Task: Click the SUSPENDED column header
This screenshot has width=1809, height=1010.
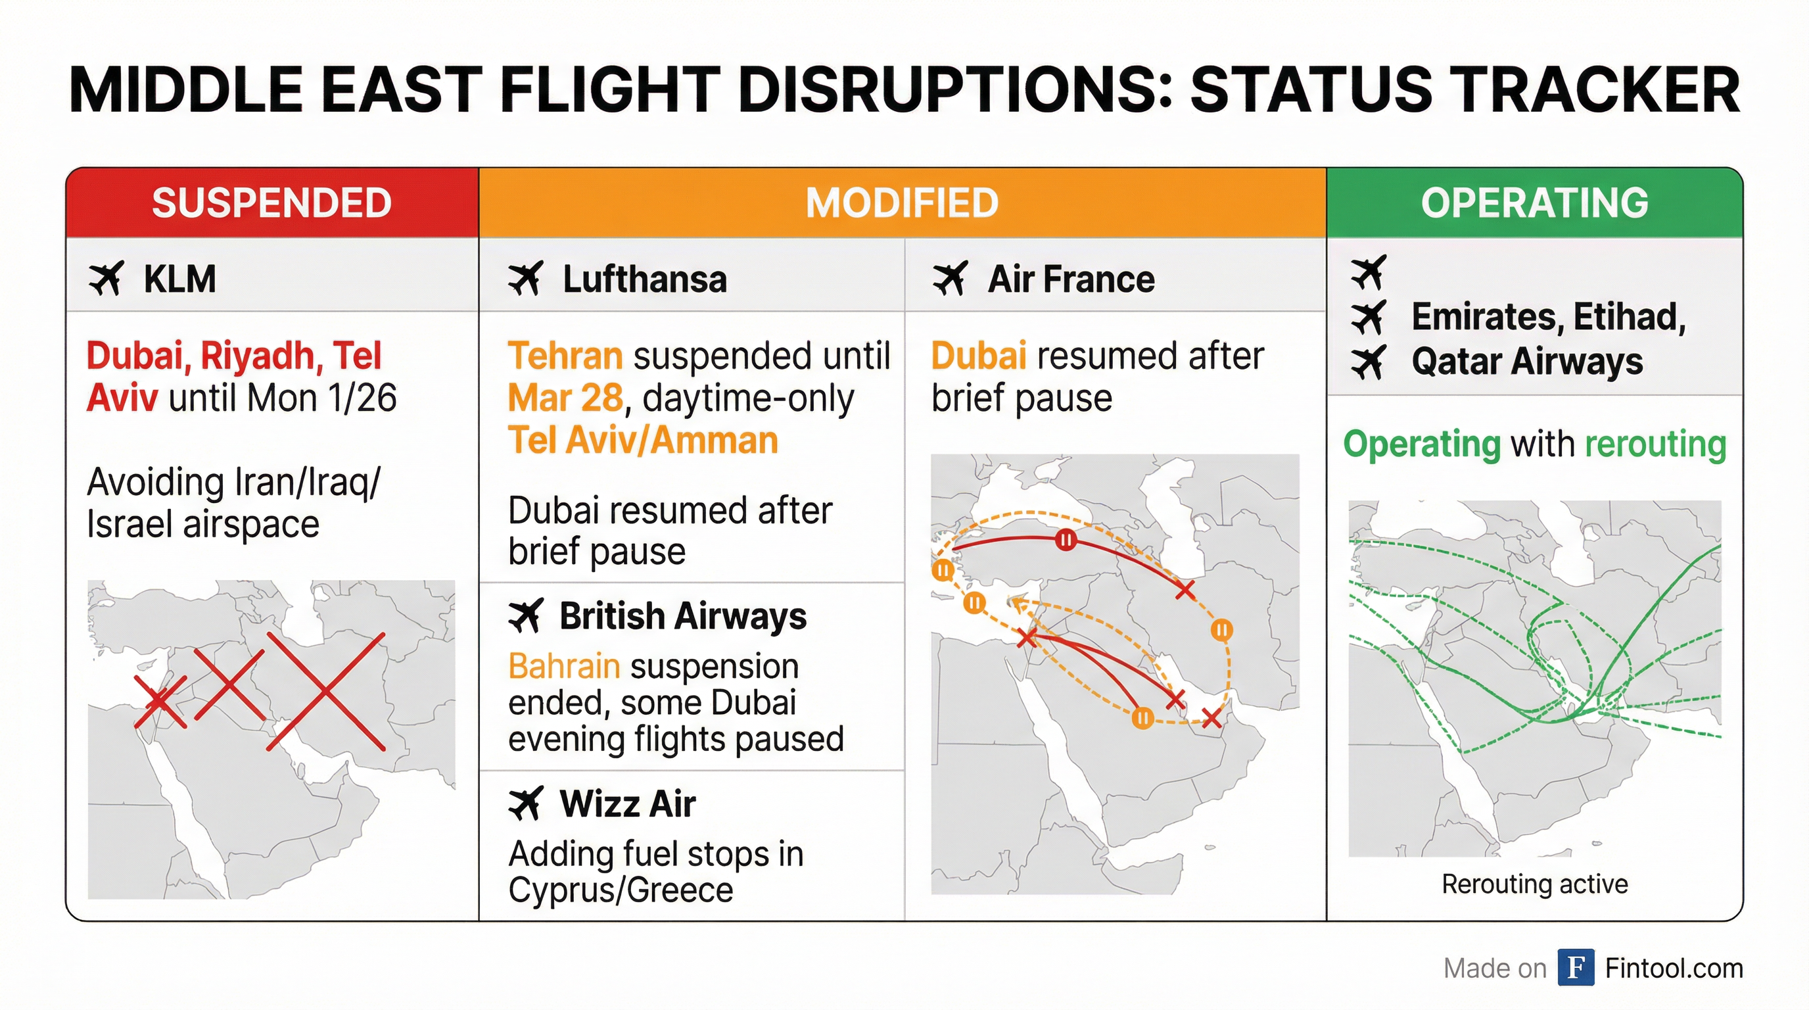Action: (x=271, y=203)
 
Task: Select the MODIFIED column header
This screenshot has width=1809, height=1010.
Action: (x=902, y=203)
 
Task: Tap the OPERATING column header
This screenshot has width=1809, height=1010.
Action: (x=1534, y=203)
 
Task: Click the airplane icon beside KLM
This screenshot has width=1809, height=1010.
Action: (x=106, y=279)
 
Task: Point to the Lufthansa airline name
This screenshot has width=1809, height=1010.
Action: (x=645, y=279)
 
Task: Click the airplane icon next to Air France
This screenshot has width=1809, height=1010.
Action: (x=950, y=279)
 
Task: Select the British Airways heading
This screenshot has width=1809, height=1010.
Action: (x=682, y=617)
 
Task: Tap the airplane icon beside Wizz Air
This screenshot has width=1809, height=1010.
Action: (x=525, y=804)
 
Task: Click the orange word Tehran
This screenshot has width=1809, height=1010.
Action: (x=565, y=356)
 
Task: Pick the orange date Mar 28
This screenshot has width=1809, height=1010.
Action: (x=565, y=398)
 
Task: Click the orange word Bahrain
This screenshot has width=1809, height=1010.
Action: (x=565, y=666)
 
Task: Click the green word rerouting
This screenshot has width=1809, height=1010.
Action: (x=1655, y=444)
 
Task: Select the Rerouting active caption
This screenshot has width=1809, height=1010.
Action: (x=1534, y=884)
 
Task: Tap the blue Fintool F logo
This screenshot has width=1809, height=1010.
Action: (x=1575, y=967)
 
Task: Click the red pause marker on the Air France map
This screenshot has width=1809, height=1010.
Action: (x=1066, y=540)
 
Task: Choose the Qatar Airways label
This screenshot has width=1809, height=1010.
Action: (x=1527, y=362)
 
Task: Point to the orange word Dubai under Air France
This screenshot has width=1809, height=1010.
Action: (x=979, y=356)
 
